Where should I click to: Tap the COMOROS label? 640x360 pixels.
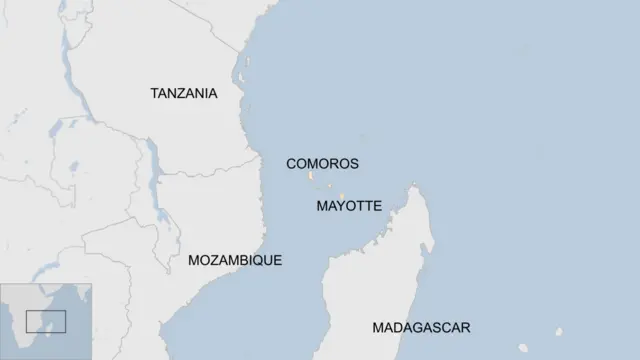coord(321,163)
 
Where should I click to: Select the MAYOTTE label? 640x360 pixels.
coord(348,206)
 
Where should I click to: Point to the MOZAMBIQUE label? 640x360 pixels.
coord(234,260)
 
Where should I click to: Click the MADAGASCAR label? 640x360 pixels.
coord(421,327)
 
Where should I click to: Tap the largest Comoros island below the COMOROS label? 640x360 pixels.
coord(311,177)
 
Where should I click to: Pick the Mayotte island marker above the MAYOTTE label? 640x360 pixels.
coord(342,196)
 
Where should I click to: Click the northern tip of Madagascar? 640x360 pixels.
coord(414,185)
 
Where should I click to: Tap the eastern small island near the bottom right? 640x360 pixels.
coord(559,333)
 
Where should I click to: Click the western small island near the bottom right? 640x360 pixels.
coord(523,349)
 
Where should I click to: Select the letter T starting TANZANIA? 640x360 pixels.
coord(155,93)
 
